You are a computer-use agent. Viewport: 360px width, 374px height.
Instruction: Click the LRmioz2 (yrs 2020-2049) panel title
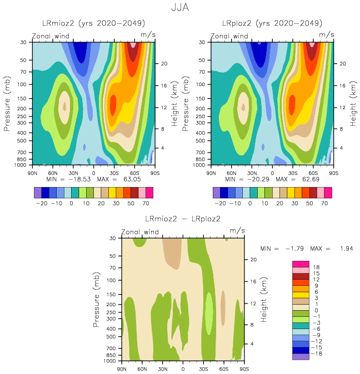93,23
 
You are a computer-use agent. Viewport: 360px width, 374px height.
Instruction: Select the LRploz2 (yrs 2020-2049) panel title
272,23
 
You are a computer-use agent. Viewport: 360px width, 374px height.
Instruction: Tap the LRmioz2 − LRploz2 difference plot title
183,219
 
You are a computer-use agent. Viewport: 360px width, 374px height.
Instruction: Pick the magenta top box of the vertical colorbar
300,263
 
